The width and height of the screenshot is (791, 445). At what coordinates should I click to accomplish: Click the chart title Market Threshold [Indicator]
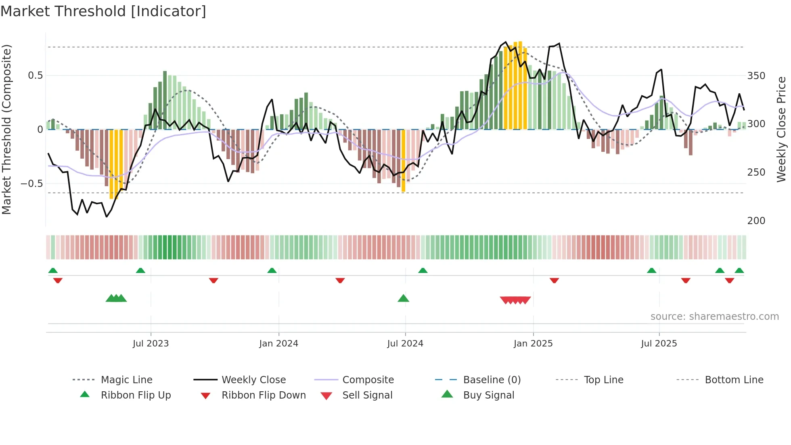(x=103, y=11)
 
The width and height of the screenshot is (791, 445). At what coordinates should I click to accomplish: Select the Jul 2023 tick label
(x=151, y=344)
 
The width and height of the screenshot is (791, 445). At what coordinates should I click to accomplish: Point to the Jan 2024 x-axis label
(x=278, y=344)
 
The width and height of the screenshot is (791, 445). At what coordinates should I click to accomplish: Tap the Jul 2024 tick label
(x=405, y=344)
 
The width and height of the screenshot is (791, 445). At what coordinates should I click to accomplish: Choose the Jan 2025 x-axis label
(x=533, y=344)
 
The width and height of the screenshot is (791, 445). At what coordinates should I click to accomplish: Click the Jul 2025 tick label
(x=659, y=344)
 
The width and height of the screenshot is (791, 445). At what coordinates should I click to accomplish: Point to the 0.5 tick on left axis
(x=36, y=76)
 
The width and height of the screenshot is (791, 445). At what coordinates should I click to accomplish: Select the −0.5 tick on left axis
(x=32, y=184)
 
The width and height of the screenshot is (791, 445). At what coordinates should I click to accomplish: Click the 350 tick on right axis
(x=756, y=76)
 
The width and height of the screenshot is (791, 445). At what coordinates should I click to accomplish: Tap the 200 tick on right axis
(x=756, y=221)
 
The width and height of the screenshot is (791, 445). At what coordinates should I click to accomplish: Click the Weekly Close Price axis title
(x=781, y=129)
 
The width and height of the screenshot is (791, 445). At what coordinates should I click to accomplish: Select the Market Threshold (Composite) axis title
(x=6, y=129)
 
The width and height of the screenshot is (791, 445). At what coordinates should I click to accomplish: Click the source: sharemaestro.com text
(x=714, y=317)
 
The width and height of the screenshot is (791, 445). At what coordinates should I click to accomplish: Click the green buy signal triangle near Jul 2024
(x=403, y=298)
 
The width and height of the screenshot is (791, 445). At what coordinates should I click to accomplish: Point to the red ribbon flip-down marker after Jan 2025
(x=554, y=280)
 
